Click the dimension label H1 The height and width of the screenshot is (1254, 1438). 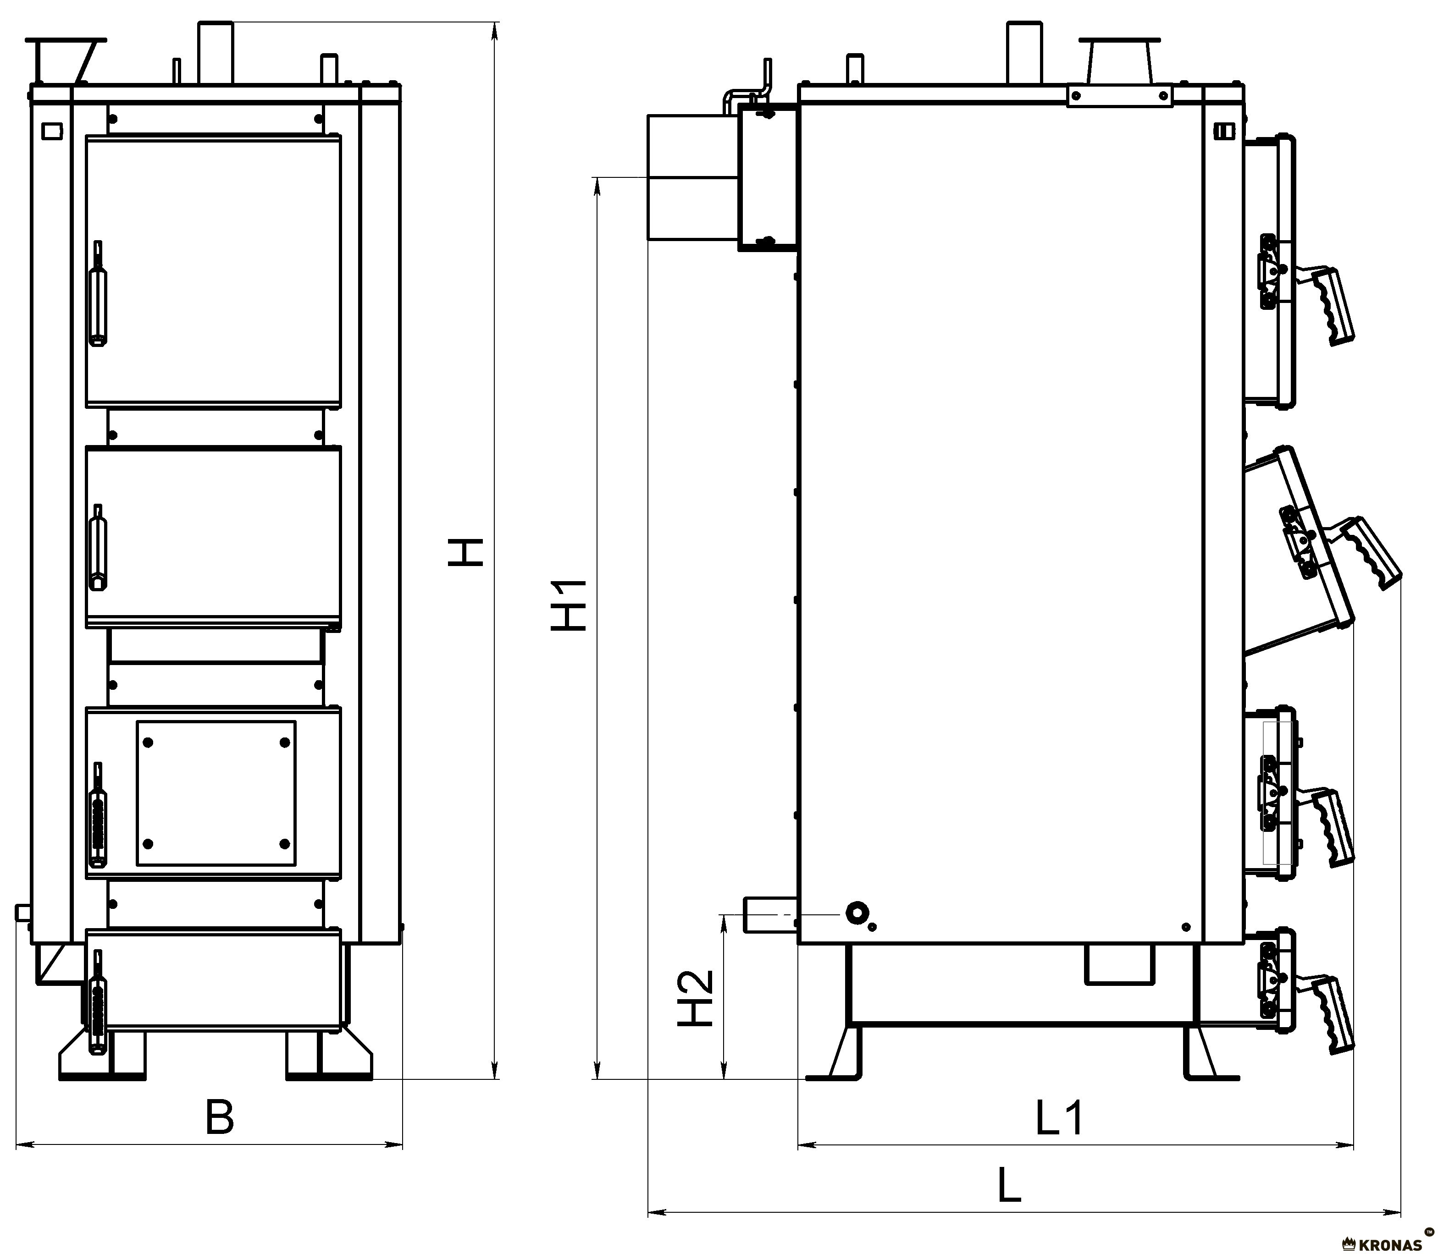[569, 606]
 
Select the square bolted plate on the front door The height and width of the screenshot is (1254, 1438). [216, 793]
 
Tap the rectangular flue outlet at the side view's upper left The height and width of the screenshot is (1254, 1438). [691, 178]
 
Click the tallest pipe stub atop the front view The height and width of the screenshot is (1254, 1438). [216, 53]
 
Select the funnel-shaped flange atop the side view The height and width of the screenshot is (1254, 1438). [1119, 61]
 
